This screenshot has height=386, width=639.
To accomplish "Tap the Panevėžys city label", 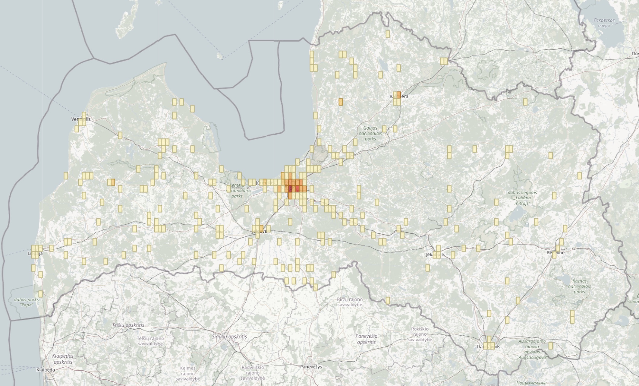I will (x=311, y=367).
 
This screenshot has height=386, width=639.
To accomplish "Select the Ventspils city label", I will (x=80, y=119).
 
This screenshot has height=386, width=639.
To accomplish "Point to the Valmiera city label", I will (x=399, y=96).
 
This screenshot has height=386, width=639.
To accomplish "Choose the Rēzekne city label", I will (x=556, y=253).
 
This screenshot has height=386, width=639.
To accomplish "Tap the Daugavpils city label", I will (x=488, y=346).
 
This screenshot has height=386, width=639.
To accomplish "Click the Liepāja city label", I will (x=35, y=253).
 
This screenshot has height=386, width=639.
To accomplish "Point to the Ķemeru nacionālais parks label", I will (x=237, y=191).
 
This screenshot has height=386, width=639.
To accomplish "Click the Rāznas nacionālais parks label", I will (x=579, y=286).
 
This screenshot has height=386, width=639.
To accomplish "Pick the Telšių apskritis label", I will (x=128, y=325).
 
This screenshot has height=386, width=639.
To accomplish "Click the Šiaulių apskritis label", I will (x=229, y=337).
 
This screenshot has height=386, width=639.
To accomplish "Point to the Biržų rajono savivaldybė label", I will (x=350, y=302).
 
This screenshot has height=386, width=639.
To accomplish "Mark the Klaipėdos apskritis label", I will (x=62, y=359).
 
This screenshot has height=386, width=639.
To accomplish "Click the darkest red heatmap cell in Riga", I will (x=290, y=189).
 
